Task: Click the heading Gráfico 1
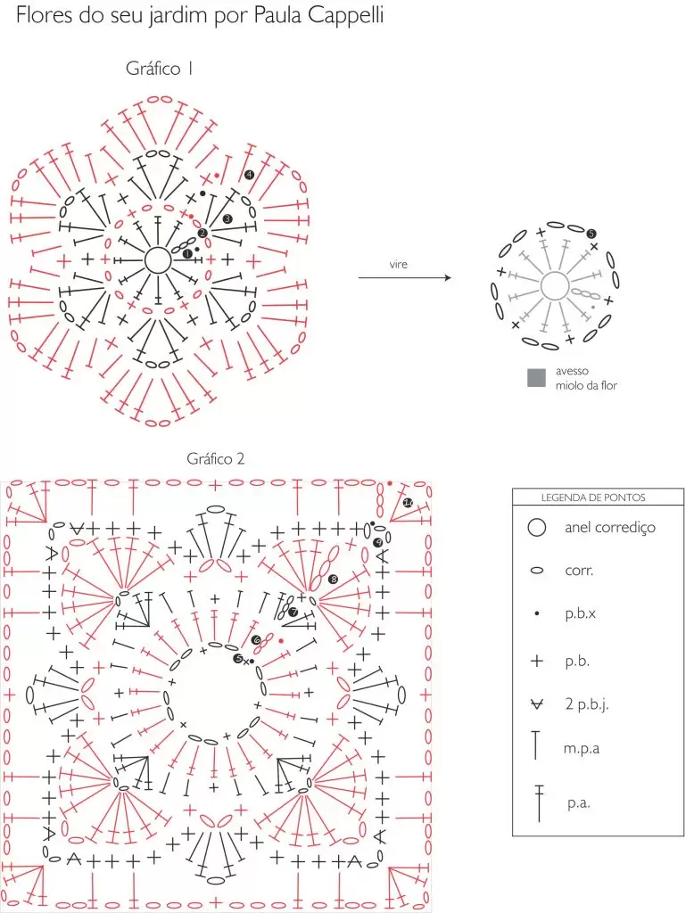159,69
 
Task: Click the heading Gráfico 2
216,459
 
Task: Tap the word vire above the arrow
399,264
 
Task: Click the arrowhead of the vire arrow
448,278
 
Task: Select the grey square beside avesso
536,378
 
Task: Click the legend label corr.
579,571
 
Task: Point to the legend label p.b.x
580,613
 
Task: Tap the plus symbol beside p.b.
537,661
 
